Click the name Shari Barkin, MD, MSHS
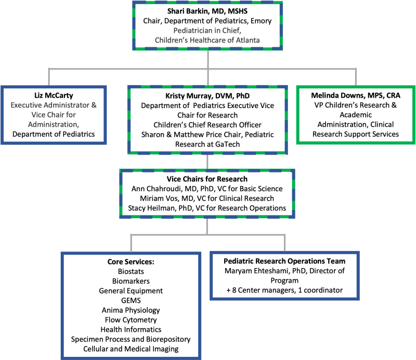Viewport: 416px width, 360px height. coord(207,11)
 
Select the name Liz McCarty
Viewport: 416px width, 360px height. coord(54,96)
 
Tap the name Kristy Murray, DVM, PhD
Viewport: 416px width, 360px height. coord(207,96)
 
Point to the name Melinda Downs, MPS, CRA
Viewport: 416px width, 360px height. coord(356,96)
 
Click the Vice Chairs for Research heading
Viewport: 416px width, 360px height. coord(207,179)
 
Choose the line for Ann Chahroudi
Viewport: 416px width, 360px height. coord(207,189)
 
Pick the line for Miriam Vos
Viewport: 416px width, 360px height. coord(207,198)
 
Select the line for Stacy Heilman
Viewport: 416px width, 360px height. coord(207,208)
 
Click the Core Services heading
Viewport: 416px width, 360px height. coord(131,262)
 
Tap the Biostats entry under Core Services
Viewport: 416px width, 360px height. coord(131,271)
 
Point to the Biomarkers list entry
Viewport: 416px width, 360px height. coord(131,281)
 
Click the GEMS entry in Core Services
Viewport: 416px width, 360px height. coord(131,300)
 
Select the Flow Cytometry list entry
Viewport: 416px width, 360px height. coord(131,320)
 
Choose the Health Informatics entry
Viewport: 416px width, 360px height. coord(131,329)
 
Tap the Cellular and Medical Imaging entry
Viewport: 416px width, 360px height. coord(131,349)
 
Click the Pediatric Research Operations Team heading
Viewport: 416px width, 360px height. coord(284,261)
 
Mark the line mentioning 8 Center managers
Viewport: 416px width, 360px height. coord(284,290)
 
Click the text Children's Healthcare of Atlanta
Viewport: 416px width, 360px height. coord(207,40)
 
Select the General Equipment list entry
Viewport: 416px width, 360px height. coord(131,291)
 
